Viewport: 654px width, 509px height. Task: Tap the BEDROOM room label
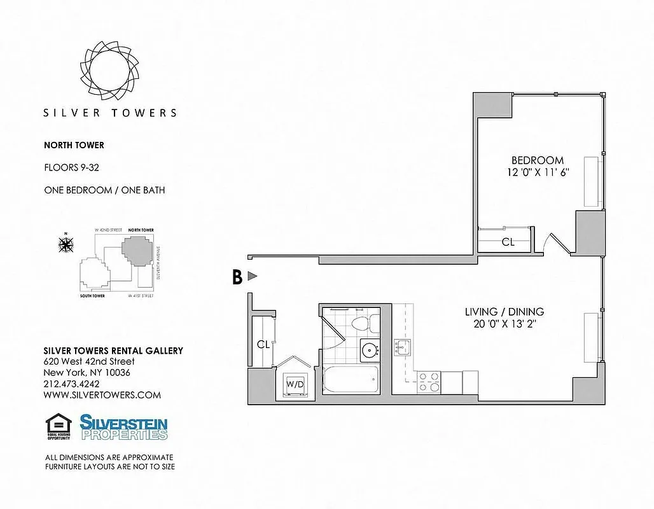click(538, 160)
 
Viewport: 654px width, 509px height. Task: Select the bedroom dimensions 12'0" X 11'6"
click(538, 172)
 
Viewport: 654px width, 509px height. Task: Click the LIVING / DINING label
click(504, 312)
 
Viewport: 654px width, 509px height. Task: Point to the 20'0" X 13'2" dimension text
click(504, 324)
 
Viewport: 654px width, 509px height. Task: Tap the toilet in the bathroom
click(360, 322)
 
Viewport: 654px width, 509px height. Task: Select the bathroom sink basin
click(368, 349)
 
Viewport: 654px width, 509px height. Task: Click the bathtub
click(351, 380)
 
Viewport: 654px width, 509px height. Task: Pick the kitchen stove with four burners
click(429, 382)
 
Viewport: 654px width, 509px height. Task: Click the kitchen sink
click(402, 347)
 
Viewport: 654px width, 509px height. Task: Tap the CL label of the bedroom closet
click(508, 242)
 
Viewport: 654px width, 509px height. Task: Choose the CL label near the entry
click(263, 345)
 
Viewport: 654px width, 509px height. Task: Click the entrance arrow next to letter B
click(253, 276)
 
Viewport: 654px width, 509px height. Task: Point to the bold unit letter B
click(237, 277)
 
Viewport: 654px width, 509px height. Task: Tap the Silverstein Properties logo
click(123, 427)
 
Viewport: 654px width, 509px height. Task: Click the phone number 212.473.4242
click(71, 384)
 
